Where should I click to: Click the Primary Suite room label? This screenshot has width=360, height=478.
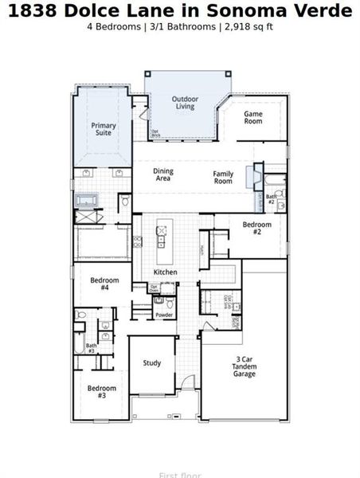tap(103, 130)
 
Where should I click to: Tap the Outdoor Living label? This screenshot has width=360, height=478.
tap(185, 103)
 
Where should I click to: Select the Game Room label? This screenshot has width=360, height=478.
tap(252, 117)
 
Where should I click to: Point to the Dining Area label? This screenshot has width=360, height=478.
tap(162, 174)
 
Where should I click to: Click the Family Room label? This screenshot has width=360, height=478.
tap(223, 177)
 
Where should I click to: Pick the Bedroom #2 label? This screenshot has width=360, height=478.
tap(257, 228)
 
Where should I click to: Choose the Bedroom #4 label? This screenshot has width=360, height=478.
tap(104, 284)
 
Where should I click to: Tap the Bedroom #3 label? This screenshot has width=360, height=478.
tap(102, 391)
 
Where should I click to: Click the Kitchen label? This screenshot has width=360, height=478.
tap(165, 272)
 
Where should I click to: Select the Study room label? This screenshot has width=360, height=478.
tap(152, 362)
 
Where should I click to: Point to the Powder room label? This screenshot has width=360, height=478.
tap(164, 315)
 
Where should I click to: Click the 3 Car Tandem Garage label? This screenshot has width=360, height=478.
tap(244, 366)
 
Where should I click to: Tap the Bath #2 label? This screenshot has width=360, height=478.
tap(271, 199)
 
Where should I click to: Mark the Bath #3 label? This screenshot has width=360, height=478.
tap(91, 348)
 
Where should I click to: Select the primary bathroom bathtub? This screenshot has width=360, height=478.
tap(85, 201)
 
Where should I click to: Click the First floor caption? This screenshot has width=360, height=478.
tap(180, 475)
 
